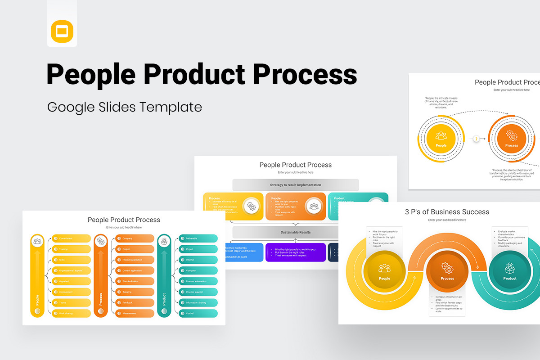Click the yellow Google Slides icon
click(x=62, y=31)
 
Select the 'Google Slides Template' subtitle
click(x=124, y=107)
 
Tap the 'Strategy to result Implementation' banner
click(x=296, y=185)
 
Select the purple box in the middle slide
click(x=296, y=252)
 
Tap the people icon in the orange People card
click(x=314, y=207)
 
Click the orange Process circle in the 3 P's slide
click(x=447, y=271)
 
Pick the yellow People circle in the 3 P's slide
click(x=385, y=271)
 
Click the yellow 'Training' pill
click(x=72, y=249)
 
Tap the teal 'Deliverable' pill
click(x=198, y=238)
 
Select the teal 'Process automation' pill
click(x=198, y=281)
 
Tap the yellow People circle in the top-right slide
click(x=441, y=139)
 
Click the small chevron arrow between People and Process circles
click(x=476, y=139)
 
